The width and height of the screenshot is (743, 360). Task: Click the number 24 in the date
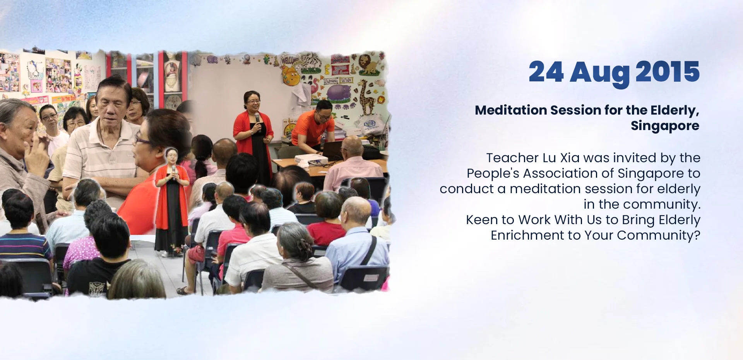click(546, 72)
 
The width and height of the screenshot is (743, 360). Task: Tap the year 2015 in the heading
click(667, 72)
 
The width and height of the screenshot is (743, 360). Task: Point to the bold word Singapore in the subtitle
click(665, 126)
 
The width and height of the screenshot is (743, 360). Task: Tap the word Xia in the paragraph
click(570, 158)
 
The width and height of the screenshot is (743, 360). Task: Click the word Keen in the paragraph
click(482, 220)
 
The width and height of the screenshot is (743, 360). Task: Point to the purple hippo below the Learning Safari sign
click(339, 93)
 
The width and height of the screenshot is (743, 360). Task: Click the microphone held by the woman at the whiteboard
click(257, 118)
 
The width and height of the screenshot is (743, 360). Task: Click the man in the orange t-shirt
click(314, 127)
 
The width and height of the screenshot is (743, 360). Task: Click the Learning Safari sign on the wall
click(338, 81)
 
